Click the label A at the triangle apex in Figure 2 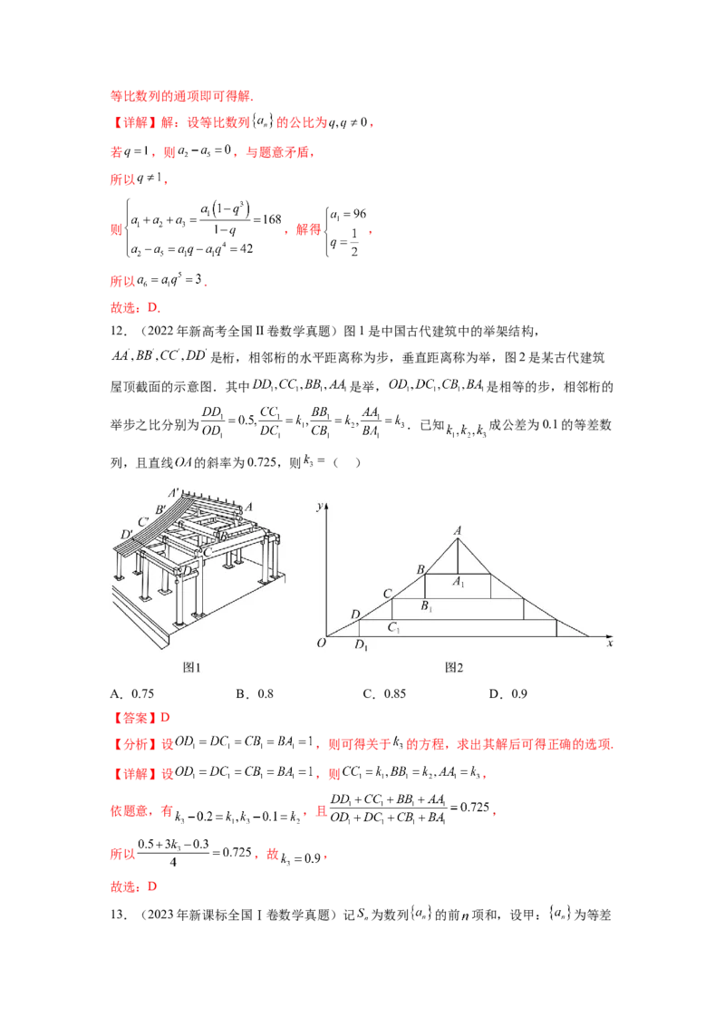[459, 530]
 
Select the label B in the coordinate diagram [420, 568]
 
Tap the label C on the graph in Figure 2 [387, 594]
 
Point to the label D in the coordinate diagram [354, 615]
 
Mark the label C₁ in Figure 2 [393, 627]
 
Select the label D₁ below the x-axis [361, 647]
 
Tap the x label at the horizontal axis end [610, 644]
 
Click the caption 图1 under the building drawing [191, 668]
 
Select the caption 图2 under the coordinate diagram [454, 668]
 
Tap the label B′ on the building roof [159, 508]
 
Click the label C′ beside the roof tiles [142, 522]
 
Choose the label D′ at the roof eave [126, 534]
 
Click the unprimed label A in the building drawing [247, 508]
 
